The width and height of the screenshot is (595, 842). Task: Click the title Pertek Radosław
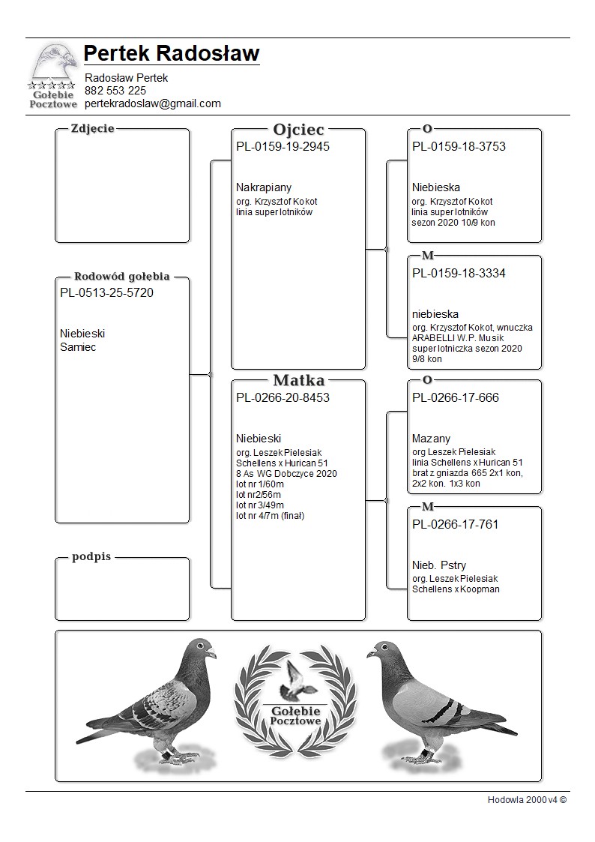point(172,54)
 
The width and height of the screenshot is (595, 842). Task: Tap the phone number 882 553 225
point(115,91)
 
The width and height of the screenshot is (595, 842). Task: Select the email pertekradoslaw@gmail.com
point(153,103)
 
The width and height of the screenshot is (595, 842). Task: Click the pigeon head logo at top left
point(53,63)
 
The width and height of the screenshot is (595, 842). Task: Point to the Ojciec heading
point(298,130)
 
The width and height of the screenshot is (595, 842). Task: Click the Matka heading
point(298,380)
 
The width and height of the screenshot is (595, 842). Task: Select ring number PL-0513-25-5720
point(106,293)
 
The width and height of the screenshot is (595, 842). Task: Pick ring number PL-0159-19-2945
point(283,147)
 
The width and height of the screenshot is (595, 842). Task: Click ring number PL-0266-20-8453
point(283,397)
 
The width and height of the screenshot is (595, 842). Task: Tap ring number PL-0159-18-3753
point(459,147)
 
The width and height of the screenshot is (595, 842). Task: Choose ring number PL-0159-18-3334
point(459,274)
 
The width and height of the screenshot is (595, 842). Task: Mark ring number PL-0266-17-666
point(456,397)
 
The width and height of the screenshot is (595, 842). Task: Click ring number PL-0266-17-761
point(456,524)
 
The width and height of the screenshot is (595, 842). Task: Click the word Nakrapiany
point(264,187)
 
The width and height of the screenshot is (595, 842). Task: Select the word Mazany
point(431,439)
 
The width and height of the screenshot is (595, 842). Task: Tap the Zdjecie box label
point(92,128)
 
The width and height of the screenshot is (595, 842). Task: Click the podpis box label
point(91,557)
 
